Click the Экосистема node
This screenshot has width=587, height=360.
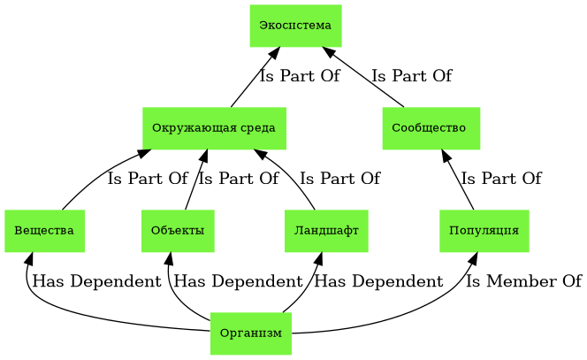pyautogui.click(x=295, y=25)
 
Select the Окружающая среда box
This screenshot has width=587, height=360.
pyautogui.click(x=214, y=128)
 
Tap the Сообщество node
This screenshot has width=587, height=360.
pyautogui.click(x=431, y=128)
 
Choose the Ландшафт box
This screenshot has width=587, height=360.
pyautogui.click(x=326, y=231)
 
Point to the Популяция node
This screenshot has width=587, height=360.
pyautogui.click(x=484, y=231)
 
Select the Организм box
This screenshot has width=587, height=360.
pyautogui.click(x=251, y=333)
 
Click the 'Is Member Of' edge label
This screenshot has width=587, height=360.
pyautogui.click(x=523, y=282)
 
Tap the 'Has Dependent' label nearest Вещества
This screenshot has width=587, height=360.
pyautogui.click(x=96, y=282)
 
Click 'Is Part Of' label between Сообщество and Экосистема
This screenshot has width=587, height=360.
pyautogui.click(x=411, y=77)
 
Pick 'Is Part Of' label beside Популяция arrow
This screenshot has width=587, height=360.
pyautogui.click(x=500, y=180)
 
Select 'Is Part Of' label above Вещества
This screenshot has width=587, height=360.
pyautogui.click(x=148, y=180)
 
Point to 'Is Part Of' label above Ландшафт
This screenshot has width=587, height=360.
pyautogui.click(x=339, y=180)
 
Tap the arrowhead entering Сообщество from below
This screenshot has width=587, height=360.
pyautogui.click(x=446, y=155)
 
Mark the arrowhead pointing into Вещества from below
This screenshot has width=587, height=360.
pyautogui.click(x=29, y=257)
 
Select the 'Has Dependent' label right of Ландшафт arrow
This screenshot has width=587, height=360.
pyautogui.click(x=378, y=282)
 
